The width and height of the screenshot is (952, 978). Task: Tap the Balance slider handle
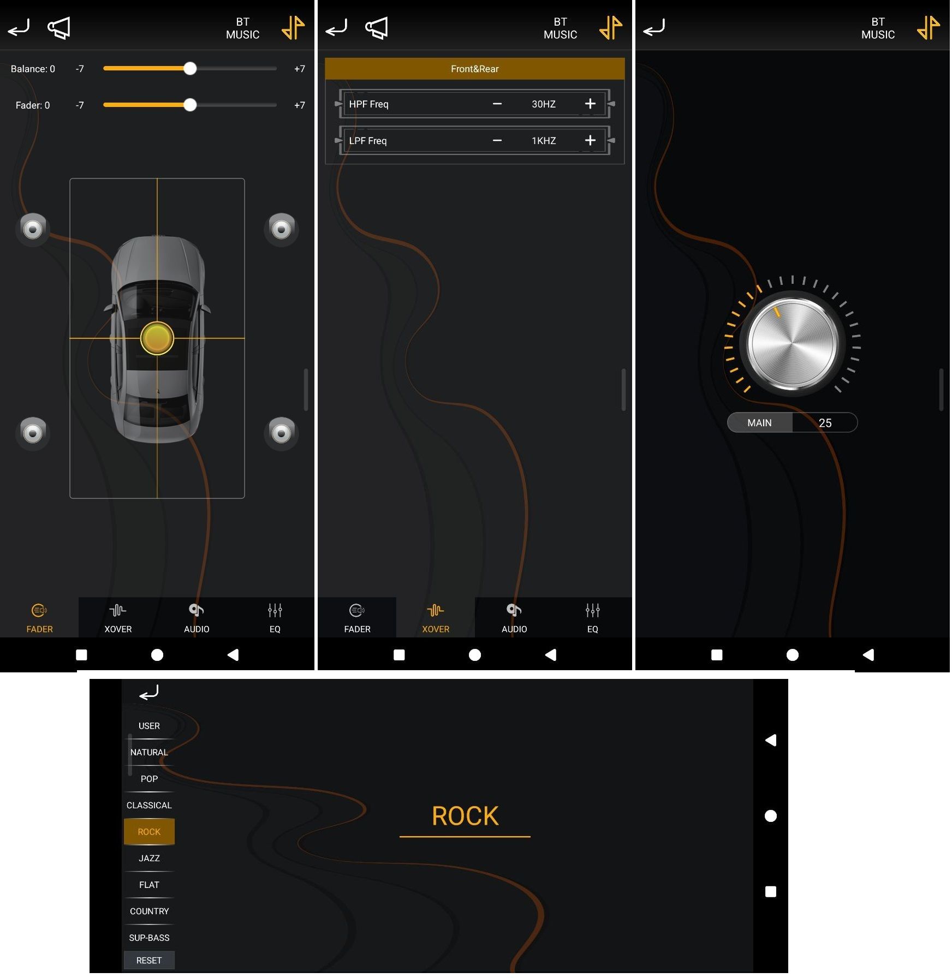click(x=190, y=69)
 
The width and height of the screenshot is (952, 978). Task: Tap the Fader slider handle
click(x=190, y=105)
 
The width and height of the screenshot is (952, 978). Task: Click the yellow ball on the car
click(x=157, y=338)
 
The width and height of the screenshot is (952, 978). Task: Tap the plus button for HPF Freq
click(x=590, y=104)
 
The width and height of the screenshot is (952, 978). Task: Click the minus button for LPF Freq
click(x=497, y=140)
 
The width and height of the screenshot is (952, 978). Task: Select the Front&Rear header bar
click(x=475, y=69)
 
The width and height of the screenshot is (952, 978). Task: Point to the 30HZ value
click(x=544, y=104)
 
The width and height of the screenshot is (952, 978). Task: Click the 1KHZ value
click(x=544, y=140)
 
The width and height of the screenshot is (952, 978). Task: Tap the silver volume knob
click(x=792, y=344)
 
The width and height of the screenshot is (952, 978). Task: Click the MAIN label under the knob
click(x=759, y=422)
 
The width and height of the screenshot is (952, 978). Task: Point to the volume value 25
click(x=825, y=422)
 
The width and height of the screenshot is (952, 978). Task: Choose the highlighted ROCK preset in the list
click(x=149, y=831)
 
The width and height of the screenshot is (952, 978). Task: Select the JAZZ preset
click(x=149, y=858)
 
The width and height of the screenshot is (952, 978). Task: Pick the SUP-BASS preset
click(x=149, y=938)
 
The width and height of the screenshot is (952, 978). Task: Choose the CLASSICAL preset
click(x=149, y=805)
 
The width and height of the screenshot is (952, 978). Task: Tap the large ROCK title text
click(x=465, y=816)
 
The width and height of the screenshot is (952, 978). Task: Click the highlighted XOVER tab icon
click(x=436, y=610)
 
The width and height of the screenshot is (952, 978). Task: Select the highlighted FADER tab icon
click(x=39, y=610)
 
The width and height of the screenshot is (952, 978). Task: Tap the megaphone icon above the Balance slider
click(x=59, y=28)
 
